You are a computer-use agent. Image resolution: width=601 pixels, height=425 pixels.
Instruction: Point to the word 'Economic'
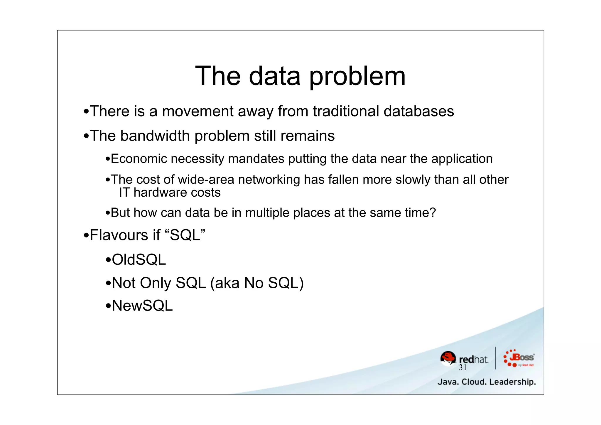pyautogui.click(x=139, y=159)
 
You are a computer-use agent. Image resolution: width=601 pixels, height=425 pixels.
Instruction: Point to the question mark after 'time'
pyautogui.click(x=433, y=213)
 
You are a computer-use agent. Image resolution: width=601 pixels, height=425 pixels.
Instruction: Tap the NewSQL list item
pyautogui.click(x=142, y=306)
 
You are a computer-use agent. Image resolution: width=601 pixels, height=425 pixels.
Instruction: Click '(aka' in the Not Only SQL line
pyautogui.click(x=225, y=283)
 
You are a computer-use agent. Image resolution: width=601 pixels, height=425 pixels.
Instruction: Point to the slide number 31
pyautogui.click(x=462, y=368)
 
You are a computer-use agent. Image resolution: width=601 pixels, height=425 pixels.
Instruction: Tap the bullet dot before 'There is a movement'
pyautogui.click(x=86, y=112)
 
